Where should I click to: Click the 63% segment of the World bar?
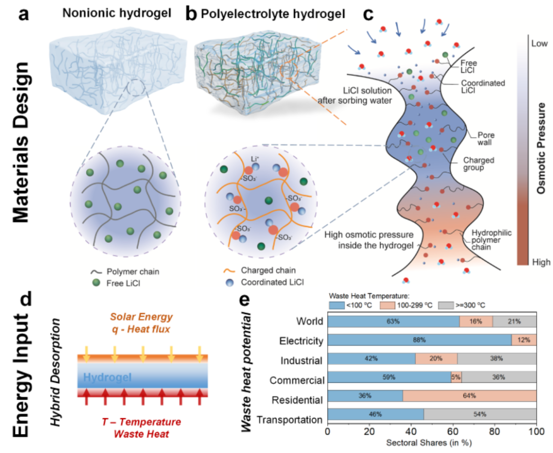click(394, 321)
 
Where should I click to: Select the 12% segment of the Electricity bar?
click(524, 340)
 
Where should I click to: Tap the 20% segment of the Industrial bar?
click(436, 358)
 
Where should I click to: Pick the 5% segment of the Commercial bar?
click(456, 377)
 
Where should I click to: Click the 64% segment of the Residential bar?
click(470, 396)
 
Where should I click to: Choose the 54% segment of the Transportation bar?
click(480, 414)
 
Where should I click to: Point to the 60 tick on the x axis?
click(453, 431)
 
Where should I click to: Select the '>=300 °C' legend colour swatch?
click(446, 305)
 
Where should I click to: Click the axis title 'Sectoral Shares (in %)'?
click(429, 443)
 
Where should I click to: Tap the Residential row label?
click(297, 400)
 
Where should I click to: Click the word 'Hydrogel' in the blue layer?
click(107, 378)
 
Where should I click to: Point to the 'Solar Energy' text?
click(141, 317)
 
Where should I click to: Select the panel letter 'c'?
click(368, 14)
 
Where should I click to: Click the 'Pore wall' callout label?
click(485, 139)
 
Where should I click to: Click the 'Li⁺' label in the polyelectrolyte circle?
click(254, 159)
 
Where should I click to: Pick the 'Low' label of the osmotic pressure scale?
click(540, 44)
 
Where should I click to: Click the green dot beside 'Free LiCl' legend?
click(96, 282)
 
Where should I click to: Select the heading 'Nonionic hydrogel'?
click(117, 13)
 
